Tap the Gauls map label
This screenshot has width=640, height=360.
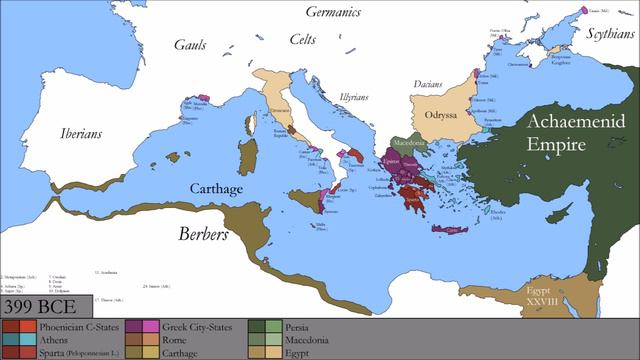click(x=190, y=45)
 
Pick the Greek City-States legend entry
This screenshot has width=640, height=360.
click(x=202, y=326)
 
